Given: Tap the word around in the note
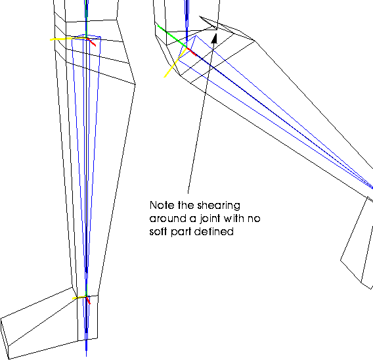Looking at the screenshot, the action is pos(167,219).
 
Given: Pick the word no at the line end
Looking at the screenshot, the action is pos(254,219).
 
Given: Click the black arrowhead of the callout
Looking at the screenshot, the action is pos(215,39).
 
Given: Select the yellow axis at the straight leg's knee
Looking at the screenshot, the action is pos(69,39).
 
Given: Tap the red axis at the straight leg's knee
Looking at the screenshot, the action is pos(91,42).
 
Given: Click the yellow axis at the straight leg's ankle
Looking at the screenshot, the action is pos(79,298).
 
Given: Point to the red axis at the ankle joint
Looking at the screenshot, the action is pos(88,300).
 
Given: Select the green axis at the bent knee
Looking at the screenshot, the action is pos(172,36).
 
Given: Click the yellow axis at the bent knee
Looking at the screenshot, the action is pos(175,63).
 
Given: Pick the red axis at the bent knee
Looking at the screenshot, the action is pos(192,52).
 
